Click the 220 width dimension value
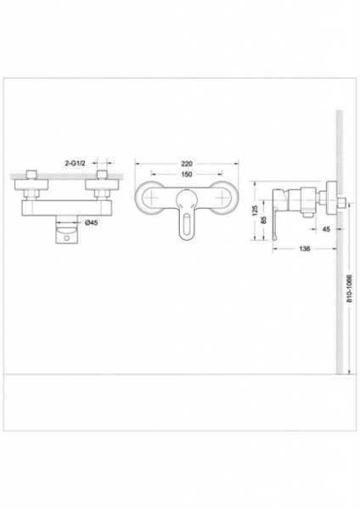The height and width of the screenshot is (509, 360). pyautogui.click(x=187, y=164)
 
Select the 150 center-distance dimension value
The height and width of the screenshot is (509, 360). pyautogui.click(x=187, y=174)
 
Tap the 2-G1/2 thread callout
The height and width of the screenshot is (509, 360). pyautogui.click(x=75, y=164)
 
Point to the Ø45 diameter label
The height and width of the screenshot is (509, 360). pyautogui.click(x=91, y=222)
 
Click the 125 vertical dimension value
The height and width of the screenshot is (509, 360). pyautogui.click(x=256, y=210)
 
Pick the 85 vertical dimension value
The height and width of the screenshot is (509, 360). pyautogui.click(x=264, y=220)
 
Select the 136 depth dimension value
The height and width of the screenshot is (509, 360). pyautogui.click(x=304, y=249)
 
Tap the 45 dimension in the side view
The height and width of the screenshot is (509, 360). pyautogui.click(x=326, y=229)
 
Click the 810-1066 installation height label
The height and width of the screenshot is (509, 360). pyautogui.click(x=349, y=288)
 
